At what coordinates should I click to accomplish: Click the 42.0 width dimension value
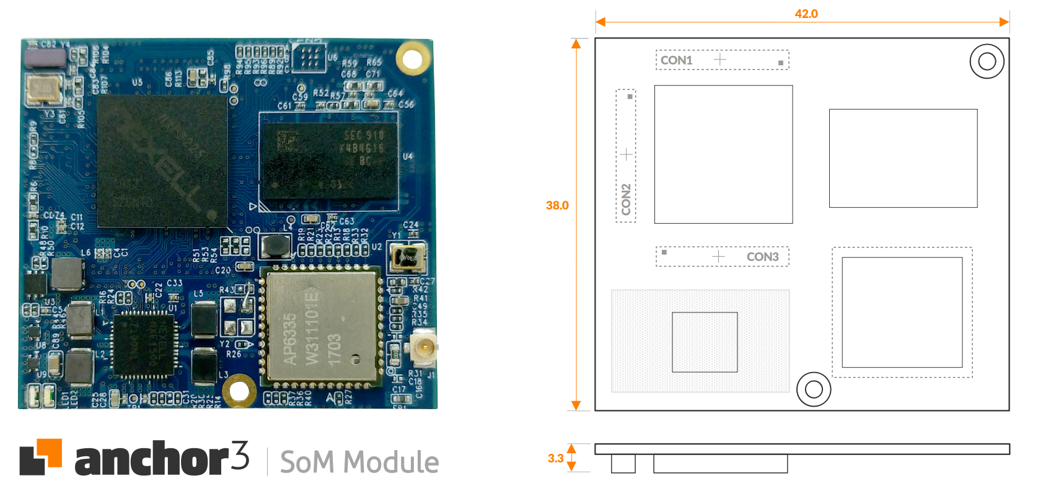pyautogui.click(x=806, y=14)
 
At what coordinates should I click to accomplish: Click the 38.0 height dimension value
pyautogui.click(x=557, y=205)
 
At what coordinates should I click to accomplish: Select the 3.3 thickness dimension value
pyautogui.click(x=555, y=458)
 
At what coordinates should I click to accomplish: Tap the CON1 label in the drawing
pyautogui.click(x=676, y=60)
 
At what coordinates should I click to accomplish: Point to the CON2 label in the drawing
pyautogui.click(x=626, y=199)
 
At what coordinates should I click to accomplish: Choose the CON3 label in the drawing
pyautogui.click(x=762, y=257)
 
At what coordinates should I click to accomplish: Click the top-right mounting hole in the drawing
pyautogui.click(x=987, y=61)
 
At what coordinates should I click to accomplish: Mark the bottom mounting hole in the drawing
pyautogui.click(x=814, y=389)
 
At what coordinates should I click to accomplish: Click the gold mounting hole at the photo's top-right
pyautogui.click(x=412, y=59)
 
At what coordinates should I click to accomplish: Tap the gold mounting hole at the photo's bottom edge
pyautogui.click(x=239, y=391)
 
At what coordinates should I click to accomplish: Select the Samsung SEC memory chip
pyautogui.click(x=328, y=161)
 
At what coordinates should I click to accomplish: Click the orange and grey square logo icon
pyautogui.click(x=40, y=457)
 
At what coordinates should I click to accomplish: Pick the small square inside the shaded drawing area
pyautogui.click(x=705, y=342)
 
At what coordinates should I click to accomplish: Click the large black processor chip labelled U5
pyautogui.click(x=162, y=160)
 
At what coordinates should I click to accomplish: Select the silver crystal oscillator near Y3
pyautogui.click(x=43, y=89)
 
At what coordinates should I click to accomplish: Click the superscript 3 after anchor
pyautogui.click(x=240, y=455)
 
